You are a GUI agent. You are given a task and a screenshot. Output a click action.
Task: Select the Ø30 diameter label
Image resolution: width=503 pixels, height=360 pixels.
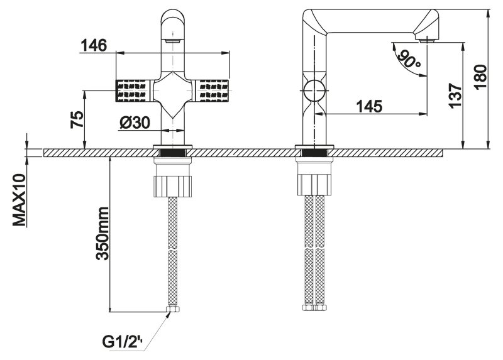click(133, 124)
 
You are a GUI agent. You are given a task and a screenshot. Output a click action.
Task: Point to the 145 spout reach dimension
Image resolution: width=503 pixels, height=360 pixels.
click(368, 106)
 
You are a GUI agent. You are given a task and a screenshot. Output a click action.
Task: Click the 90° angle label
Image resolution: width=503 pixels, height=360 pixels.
click(409, 60)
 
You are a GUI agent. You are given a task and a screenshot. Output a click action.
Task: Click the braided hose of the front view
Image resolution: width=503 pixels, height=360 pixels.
click(173, 251)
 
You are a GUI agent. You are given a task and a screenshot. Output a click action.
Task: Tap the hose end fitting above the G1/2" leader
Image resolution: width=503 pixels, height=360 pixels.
click(173, 310)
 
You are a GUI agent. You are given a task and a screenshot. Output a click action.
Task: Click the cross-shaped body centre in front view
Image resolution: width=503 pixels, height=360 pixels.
click(174, 91)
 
